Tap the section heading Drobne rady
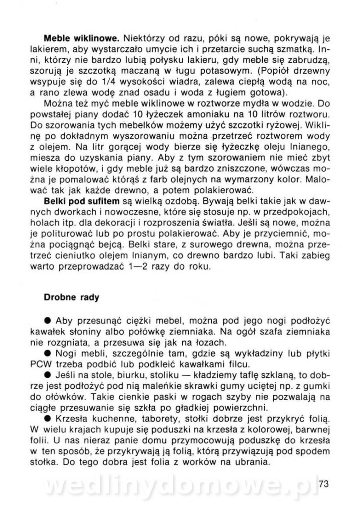pos(72,298)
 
